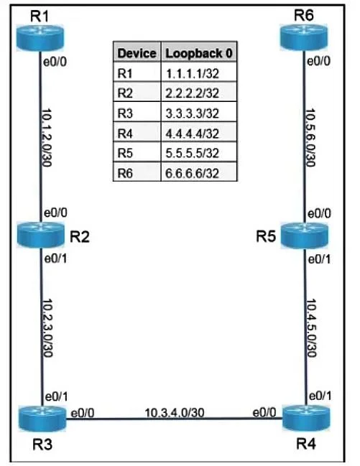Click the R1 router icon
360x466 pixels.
pyautogui.click(x=40, y=38)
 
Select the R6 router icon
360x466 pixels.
pyautogui.click(x=304, y=37)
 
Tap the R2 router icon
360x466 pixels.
pyautogui.click(x=41, y=235)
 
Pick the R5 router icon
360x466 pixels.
pyautogui.click(x=305, y=236)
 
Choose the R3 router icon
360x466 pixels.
pyautogui.click(x=42, y=419)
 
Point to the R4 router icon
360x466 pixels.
pyautogui.click(x=306, y=418)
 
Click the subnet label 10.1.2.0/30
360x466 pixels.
pyautogui.click(x=47, y=138)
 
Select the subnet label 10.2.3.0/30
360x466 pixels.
pyautogui.click(x=47, y=328)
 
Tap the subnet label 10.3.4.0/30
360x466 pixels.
pyautogui.click(x=175, y=412)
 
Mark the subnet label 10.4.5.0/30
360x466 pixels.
pyautogui.click(x=311, y=328)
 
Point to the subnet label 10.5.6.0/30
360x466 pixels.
pyautogui.click(x=310, y=138)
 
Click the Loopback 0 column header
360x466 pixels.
pyautogui.click(x=199, y=53)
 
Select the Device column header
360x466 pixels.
pyautogui.click(x=137, y=53)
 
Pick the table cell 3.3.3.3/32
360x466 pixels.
pyautogui.click(x=192, y=113)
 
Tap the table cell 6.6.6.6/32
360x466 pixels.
pyautogui.click(x=192, y=173)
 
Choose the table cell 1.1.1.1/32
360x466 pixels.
pyautogui.click(x=192, y=73)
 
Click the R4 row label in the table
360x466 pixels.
pyautogui.click(x=125, y=134)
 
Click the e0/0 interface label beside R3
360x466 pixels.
pyautogui.click(x=83, y=413)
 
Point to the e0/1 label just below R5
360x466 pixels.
pyautogui.click(x=319, y=259)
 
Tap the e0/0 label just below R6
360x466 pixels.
pyautogui.click(x=318, y=61)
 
